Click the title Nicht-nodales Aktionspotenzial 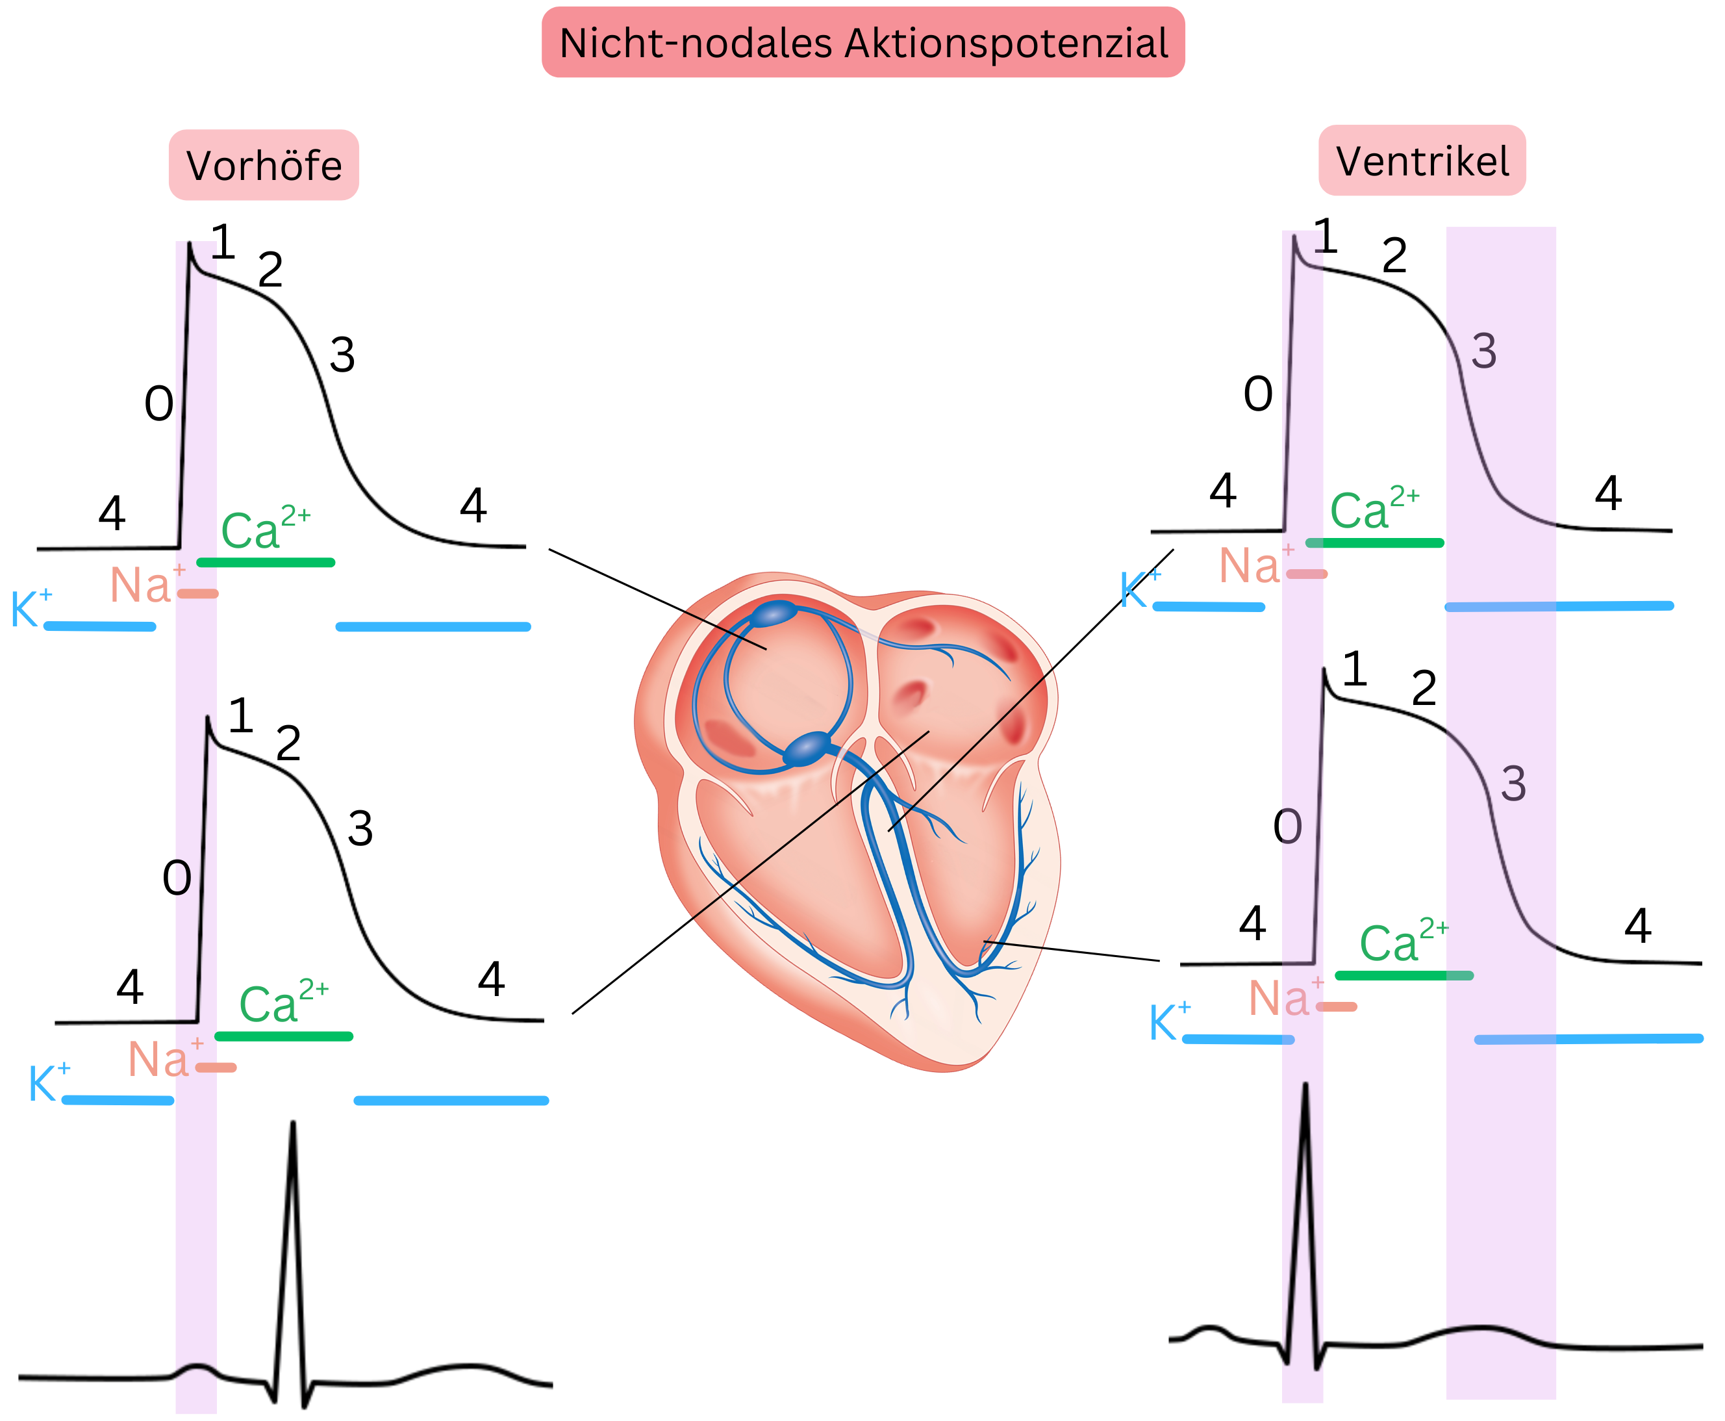pos(862,43)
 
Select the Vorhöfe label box pos(264,164)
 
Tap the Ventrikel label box pos(1422,160)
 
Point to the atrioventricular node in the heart pos(808,748)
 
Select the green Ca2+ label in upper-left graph pos(264,528)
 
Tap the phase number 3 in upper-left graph pos(342,355)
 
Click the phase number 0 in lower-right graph pos(1287,826)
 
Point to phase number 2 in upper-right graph pos(1394,256)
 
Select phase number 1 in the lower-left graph pos(240,715)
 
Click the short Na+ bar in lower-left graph pos(217,1068)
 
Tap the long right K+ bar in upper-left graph pos(433,627)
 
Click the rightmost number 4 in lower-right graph pos(1637,926)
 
